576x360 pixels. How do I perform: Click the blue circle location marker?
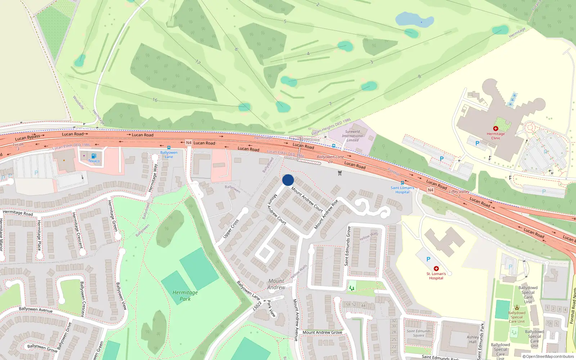tap(288, 180)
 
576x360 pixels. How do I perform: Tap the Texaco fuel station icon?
tap(94, 156)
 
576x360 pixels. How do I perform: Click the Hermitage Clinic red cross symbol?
tap(496, 129)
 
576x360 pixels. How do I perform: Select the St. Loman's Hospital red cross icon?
tap(436, 269)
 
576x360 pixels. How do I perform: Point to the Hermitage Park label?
tap(185, 296)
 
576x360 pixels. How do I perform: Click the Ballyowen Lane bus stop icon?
tap(168, 148)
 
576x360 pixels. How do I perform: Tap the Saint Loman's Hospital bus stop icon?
tap(402, 183)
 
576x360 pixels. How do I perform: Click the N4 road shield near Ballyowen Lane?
tap(189, 143)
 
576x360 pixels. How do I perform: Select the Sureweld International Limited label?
tap(352, 136)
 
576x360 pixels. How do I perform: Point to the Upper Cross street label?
tap(231, 229)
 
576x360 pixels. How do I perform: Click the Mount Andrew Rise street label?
tap(326, 214)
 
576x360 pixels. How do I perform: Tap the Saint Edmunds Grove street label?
tap(347, 246)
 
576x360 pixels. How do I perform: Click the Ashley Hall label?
tap(473, 339)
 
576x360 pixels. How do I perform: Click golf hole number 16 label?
tap(155, 100)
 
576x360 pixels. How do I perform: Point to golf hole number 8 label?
tap(419, 76)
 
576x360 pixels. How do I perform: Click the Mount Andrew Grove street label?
tap(322, 332)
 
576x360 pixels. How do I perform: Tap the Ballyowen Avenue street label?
tap(36, 309)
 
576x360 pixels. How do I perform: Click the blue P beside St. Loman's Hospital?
tap(428, 259)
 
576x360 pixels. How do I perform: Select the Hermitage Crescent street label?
tap(77, 230)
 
